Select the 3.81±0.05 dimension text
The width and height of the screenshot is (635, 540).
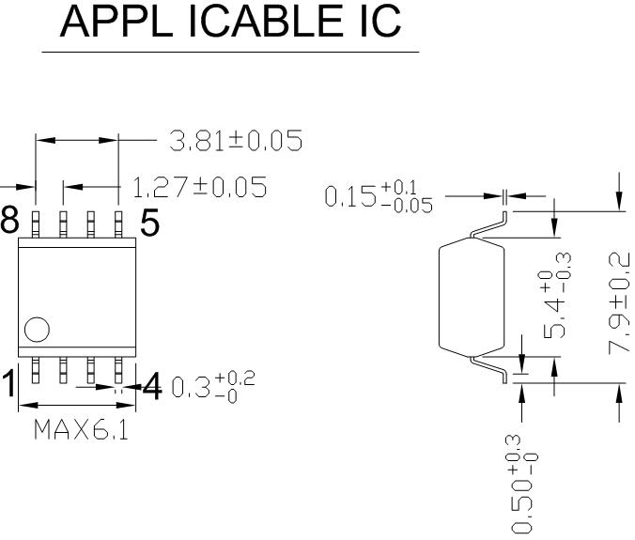point(235,142)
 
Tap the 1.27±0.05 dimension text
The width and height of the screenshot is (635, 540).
point(198,188)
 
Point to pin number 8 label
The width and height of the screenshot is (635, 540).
point(8,223)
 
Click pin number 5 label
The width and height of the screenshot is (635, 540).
point(150,224)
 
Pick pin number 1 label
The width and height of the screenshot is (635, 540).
point(8,384)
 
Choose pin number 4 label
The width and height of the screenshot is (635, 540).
point(152,385)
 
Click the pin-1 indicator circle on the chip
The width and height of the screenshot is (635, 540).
point(36,330)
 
